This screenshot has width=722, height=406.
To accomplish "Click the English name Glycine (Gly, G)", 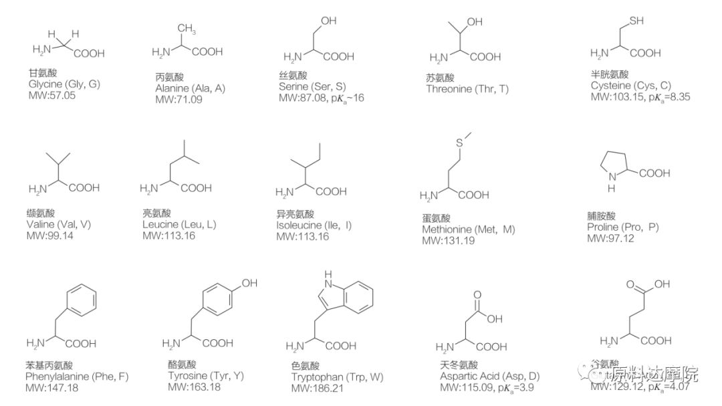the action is click(64, 84).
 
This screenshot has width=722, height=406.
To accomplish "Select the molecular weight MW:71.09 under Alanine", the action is click(178, 100).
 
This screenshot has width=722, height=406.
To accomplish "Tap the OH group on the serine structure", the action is click(328, 21).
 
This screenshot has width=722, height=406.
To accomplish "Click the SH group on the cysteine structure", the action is click(635, 21).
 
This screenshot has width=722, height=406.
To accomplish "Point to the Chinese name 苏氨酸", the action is click(440, 78).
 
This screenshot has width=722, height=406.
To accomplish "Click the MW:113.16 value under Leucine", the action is click(168, 235).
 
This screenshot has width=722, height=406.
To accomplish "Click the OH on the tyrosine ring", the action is click(249, 284).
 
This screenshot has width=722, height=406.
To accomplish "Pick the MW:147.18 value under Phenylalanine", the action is click(51, 387).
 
